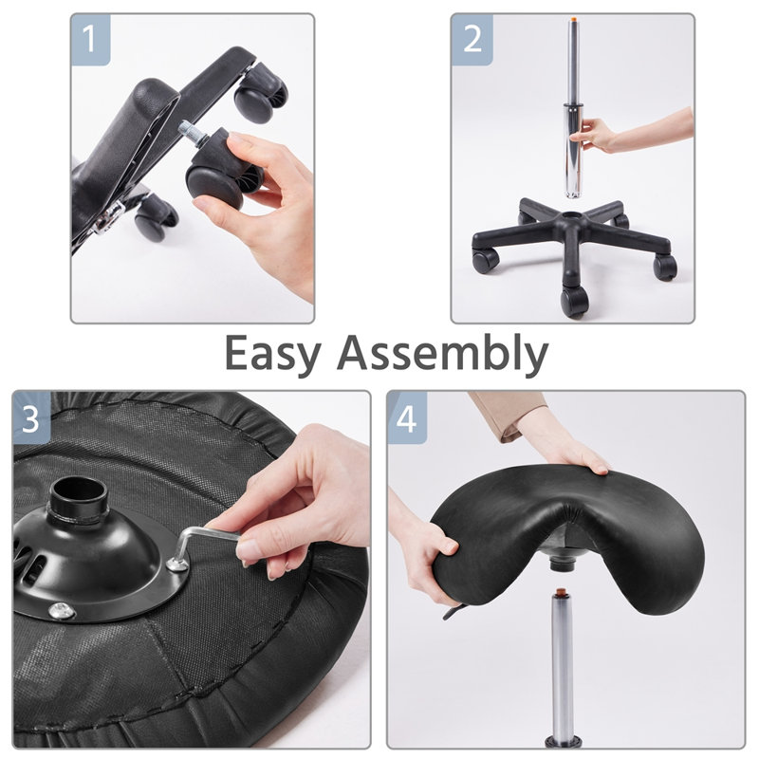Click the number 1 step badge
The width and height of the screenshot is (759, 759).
click(90, 39)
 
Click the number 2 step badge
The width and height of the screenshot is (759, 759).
click(471, 39)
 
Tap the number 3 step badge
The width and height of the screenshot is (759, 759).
click(33, 417)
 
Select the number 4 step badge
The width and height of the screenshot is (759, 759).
click(407, 417)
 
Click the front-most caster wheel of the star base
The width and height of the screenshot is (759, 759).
click(574, 302)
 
